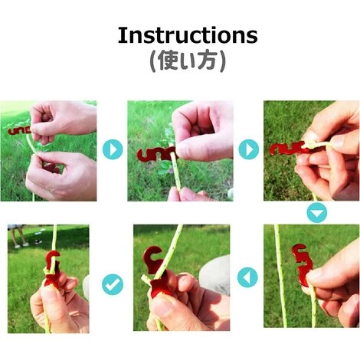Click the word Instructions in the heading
188,35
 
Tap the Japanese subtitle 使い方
188,61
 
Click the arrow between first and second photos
113,149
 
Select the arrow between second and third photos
249,149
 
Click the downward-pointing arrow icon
317,212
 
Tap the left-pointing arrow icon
247,277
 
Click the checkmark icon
113,284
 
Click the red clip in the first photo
19,131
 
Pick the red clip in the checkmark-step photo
52,268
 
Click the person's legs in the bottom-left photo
19,236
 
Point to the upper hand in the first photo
63,120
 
